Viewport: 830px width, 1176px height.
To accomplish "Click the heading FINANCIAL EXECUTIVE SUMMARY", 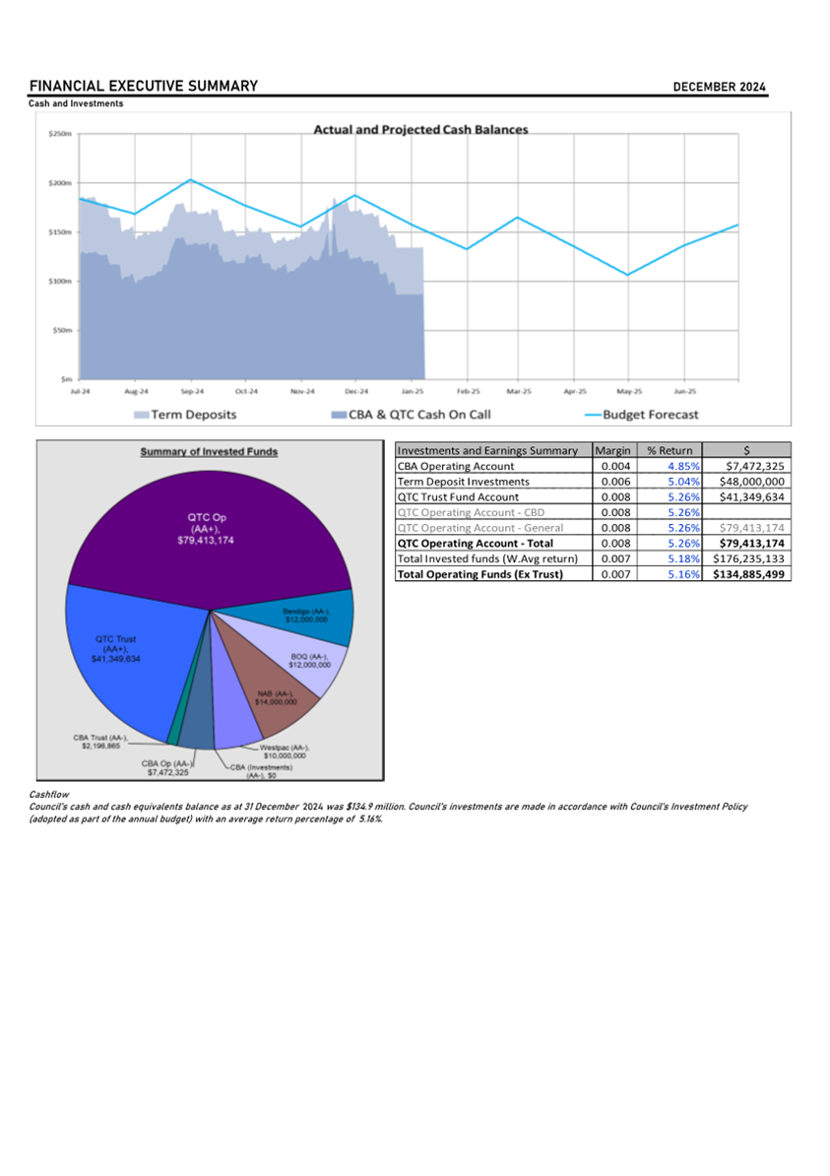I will pos(144,86).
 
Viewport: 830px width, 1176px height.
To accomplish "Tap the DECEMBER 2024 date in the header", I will pos(719,87).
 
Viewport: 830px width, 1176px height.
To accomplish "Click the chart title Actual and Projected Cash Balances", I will pos(420,129).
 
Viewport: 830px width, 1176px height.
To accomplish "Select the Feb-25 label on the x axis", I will pos(467,391).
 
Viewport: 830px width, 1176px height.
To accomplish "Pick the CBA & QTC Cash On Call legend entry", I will pos(412,415).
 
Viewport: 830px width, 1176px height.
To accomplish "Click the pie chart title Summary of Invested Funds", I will pos(209,452).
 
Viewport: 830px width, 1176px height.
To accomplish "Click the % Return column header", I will pos(670,450).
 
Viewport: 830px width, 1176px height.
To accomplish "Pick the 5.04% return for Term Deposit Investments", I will pos(682,482).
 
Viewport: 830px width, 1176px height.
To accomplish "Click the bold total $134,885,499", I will pos(748,574).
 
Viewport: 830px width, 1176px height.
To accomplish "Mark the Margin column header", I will pos(614,450).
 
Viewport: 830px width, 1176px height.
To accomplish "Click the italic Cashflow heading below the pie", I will pos(47,793).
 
